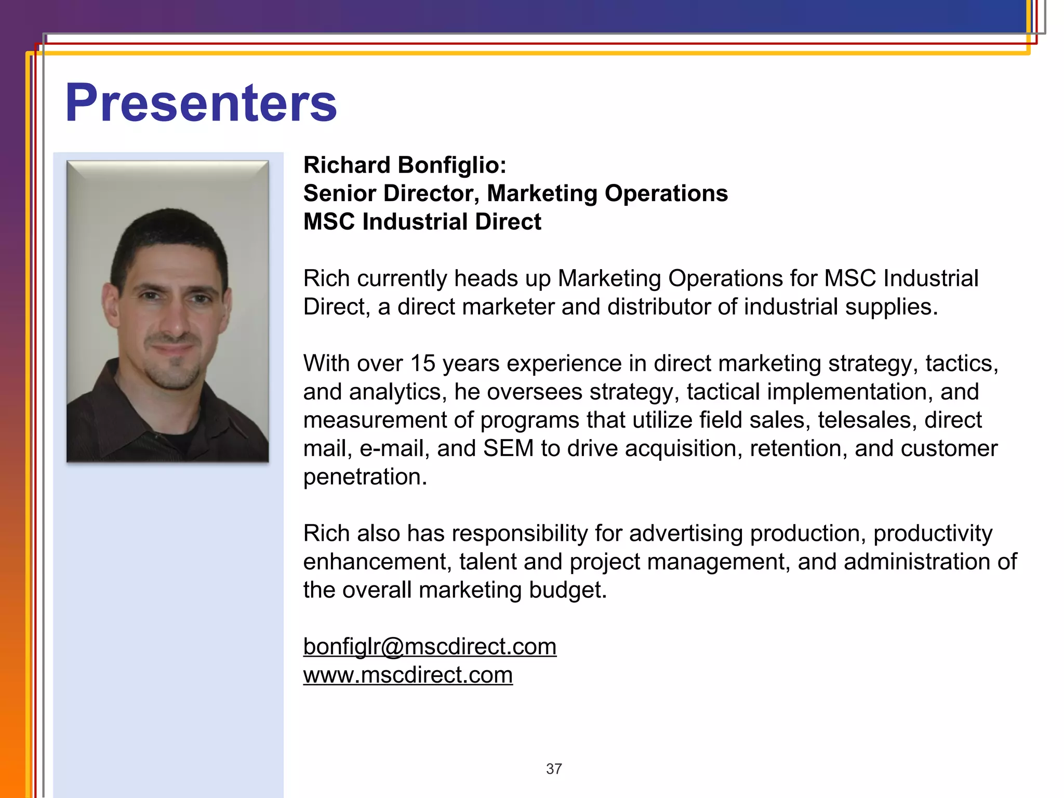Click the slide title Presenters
pos(201,103)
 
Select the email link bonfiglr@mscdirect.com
pos(430,647)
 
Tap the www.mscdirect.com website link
pos(408,675)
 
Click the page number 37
pos(554,769)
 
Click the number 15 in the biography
pos(422,364)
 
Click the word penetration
pos(365,477)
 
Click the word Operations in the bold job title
pos(666,193)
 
